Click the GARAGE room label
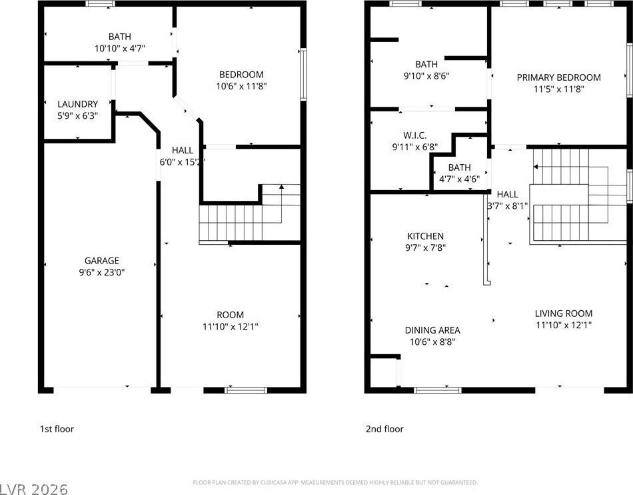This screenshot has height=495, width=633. click(101, 261)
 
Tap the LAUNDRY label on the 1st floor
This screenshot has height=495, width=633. click(77, 104)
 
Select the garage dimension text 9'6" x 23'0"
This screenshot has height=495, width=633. click(101, 272)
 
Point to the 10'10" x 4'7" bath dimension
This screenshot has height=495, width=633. click(120, 48)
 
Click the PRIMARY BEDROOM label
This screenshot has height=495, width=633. click(558, 77)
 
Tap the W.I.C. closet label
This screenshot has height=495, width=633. click(414, 135)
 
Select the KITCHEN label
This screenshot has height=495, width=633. click(425, 236)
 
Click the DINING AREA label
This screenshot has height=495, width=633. click(432, 330)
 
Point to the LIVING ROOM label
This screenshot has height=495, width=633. click(563, 314)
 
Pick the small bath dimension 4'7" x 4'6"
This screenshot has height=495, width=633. click(459, 179)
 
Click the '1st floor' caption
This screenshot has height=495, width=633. click(57, 429)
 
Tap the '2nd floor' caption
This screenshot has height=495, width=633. click(384, 429)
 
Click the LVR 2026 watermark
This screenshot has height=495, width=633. click(35, 488)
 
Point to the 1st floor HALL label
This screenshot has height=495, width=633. click(183, 150)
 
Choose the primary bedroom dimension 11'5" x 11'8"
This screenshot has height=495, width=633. click(558, 89)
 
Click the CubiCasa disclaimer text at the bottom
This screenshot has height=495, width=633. click(334, 482)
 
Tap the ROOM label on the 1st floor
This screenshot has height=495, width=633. click(230, 315)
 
